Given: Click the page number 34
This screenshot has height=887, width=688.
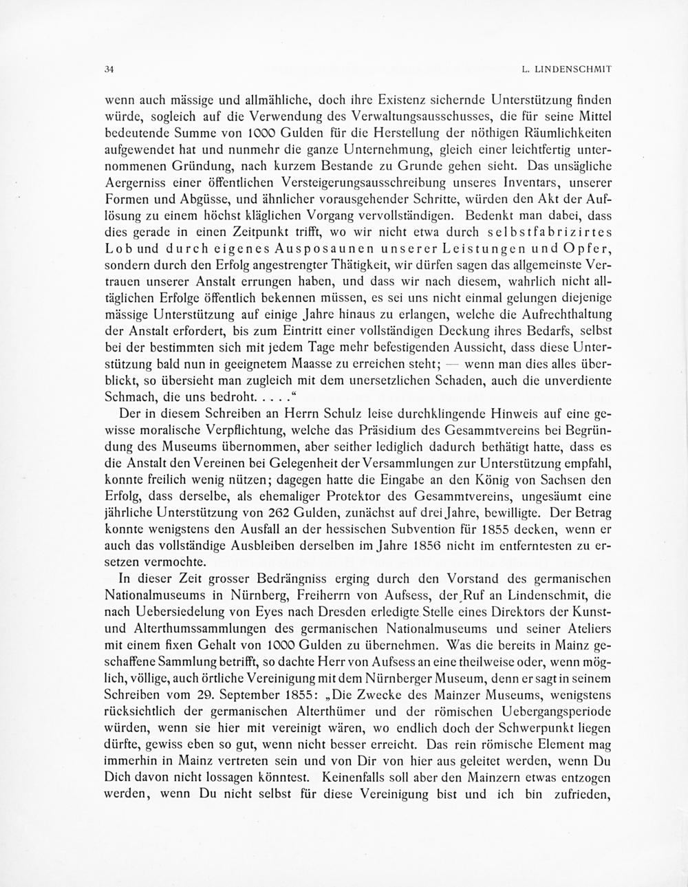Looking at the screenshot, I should point(108,70).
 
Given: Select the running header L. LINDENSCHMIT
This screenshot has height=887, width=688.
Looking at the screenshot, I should point(567,70).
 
